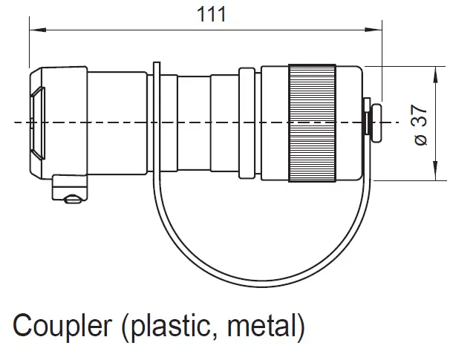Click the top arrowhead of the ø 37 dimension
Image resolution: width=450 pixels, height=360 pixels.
434,69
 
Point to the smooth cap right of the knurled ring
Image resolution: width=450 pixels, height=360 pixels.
350,122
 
